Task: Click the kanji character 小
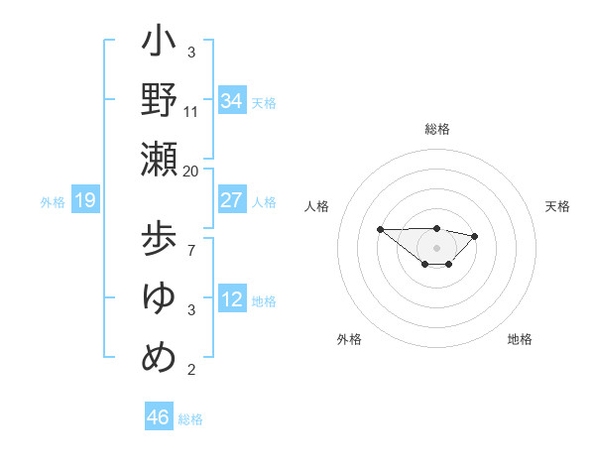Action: point(160,45)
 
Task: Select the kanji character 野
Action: point(160,101)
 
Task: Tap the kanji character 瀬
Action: point(160,159)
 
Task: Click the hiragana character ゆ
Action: point(160,296)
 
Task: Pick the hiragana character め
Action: point(160,354)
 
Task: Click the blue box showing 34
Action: point(232,101)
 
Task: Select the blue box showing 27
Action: point(232,200)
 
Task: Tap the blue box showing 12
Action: point(232,299)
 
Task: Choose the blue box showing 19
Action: point(85,201)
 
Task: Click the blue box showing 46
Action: point(159,417)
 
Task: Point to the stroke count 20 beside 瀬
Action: point(191,172)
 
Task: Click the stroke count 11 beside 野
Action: point(191,112)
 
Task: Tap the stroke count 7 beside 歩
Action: point(191,251)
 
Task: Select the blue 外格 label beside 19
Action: point(53,202)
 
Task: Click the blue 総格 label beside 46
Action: point(190,419)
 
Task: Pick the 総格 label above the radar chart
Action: point(437,129)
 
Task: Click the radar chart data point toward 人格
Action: point(381,229)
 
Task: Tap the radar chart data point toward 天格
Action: point(475,236)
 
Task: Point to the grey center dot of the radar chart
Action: point(437,247)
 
